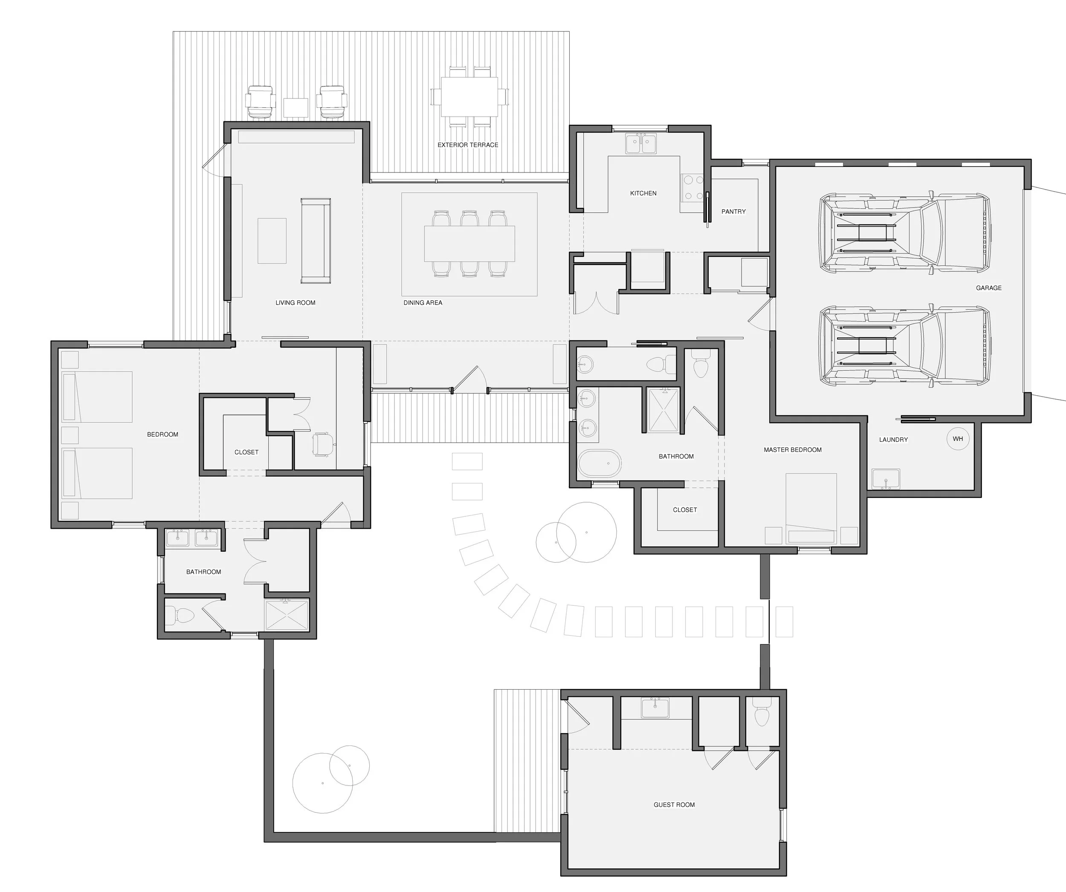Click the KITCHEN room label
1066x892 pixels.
pyautogui.click(x=643, y=193)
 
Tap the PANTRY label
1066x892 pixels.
pyautogui.click(x=733, y=211)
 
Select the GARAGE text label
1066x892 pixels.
pyautogui.click(x=989, y=288)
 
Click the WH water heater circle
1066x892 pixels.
pyautogui.click(x=958, y=439)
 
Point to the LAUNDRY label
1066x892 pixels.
pyautogui.click(x=893, y=440)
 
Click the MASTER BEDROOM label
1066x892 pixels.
pyautogui.click(x=792, y=450)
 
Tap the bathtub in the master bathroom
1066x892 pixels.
pyautogui.click(x=599, y=463)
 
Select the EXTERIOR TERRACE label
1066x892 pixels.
pyautogui.click(x=467, y=145)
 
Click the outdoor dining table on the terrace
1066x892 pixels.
pyautogui.click(x=469, y=96)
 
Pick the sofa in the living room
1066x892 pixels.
pyautogui.click(x=316, y=240)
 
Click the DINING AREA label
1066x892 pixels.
pyautogui.click(x=423, y=303)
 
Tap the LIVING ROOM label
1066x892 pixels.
pyautogui.click(x=295, y=303)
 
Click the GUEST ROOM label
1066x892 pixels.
pyautogui.click(x=674, y=805)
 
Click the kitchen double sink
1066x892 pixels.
pyautogui.click(x=640, y=144)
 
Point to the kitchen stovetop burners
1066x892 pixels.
pyautogui.click(x=692, y=187)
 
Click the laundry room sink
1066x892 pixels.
pyautogui.click(x=886, y=479)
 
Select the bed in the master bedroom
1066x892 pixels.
pyautogui.click(x=811, y=508)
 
